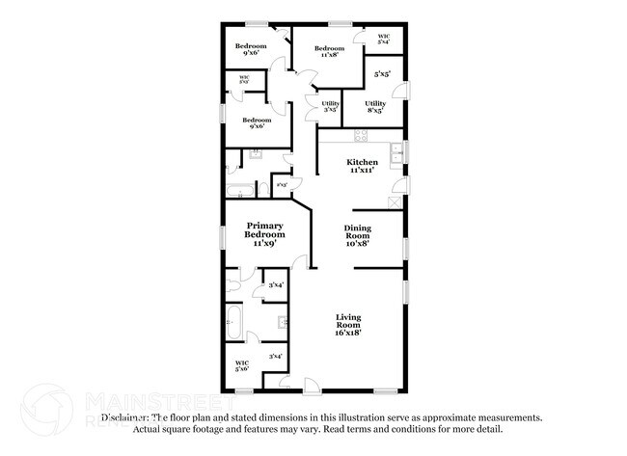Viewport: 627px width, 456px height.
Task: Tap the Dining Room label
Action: pos(357,235)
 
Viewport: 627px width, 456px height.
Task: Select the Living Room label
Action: pos(348,326)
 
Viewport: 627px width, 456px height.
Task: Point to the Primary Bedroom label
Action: pos(264,234)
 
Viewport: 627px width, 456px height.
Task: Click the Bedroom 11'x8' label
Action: pos(329,51)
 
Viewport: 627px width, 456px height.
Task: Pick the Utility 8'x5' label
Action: pos(375,107)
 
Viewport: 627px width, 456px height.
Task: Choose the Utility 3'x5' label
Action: pos(317,107)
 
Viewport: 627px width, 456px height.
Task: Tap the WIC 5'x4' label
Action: pos(384,39)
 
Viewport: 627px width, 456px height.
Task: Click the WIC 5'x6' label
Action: pos(241,365)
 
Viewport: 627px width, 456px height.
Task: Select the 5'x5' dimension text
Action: pos(383,74)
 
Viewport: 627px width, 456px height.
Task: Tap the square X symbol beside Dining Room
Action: pos(395,202)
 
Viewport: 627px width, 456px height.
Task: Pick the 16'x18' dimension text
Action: pos(348,334)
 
